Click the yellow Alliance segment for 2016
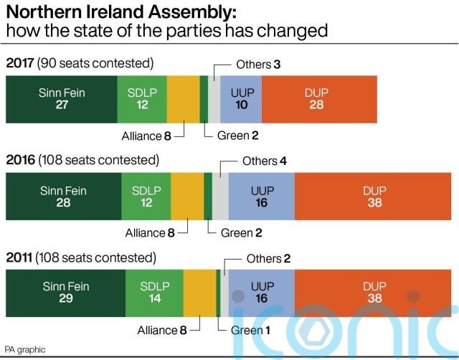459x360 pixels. [187, 195]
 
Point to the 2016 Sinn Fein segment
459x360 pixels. [64, 195]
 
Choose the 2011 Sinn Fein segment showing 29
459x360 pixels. [65, 293]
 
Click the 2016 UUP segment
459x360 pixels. [261, 195]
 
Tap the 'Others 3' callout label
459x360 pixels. [257, 65]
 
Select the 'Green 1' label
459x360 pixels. [251, 331]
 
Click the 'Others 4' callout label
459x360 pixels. [264, 161]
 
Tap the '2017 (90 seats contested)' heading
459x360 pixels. [80, 63]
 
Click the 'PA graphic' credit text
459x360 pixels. [25, 349]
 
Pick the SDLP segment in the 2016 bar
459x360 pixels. [146, 195]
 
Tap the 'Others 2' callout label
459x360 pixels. [268, 258]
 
